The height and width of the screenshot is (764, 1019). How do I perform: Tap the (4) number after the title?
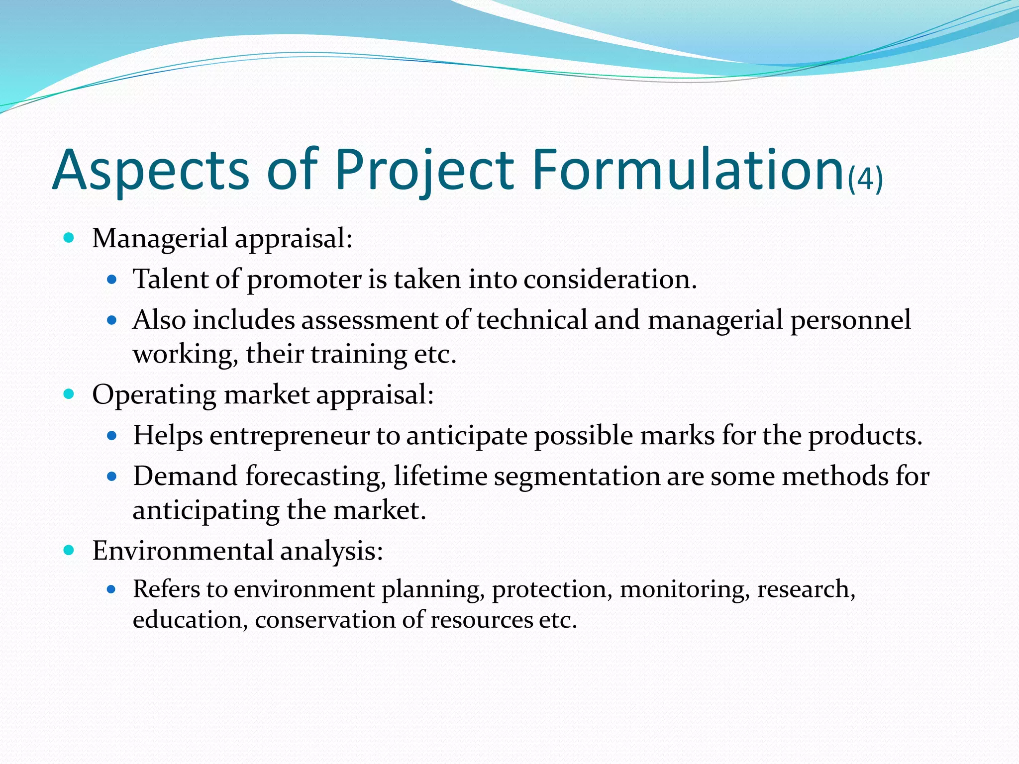click(865, 179)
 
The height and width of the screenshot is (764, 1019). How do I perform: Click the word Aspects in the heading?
click(150, 170)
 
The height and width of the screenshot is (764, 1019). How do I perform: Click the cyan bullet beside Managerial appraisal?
click(69, 238)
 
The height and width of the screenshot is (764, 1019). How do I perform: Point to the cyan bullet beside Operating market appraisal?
click(69, 394)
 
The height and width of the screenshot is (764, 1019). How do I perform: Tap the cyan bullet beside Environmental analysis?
click(69, 550)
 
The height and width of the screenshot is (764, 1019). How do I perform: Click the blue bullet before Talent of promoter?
click(111, 280)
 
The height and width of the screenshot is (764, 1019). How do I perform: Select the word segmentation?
click(577, 477)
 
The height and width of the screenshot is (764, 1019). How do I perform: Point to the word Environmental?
click(183, 551)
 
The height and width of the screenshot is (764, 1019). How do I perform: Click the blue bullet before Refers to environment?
click(111, 590)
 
